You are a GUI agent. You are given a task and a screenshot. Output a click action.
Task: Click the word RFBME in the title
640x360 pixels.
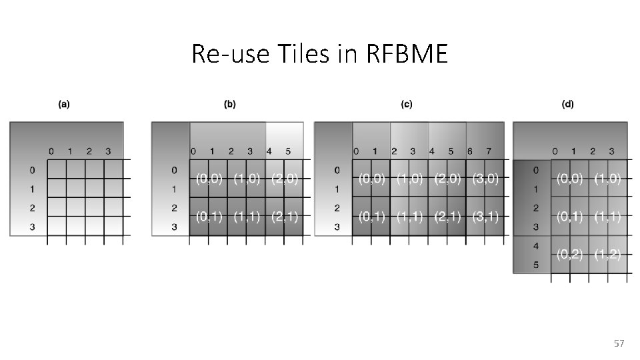(x=407, y=55)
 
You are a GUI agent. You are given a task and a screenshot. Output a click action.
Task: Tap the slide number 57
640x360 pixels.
(x=619, y=343)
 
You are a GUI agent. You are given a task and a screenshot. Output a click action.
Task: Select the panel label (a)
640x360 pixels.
(x=65, y=104)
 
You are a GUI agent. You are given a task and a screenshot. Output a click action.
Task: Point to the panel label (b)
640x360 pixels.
(x=229, y=104)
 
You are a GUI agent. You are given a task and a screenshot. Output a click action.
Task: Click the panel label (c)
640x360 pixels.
(x=406, y=104)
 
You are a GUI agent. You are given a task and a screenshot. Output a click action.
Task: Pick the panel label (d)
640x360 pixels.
(x=568, y=104)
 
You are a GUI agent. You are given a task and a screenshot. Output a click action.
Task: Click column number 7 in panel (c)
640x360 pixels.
(x=489, y=151)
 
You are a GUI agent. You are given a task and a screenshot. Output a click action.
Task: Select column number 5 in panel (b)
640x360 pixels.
(x=287, y=151)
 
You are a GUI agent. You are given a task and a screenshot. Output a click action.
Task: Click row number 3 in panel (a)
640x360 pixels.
(x=32, y=227)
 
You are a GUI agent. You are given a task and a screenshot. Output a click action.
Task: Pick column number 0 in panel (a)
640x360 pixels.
(x=51, y=151)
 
